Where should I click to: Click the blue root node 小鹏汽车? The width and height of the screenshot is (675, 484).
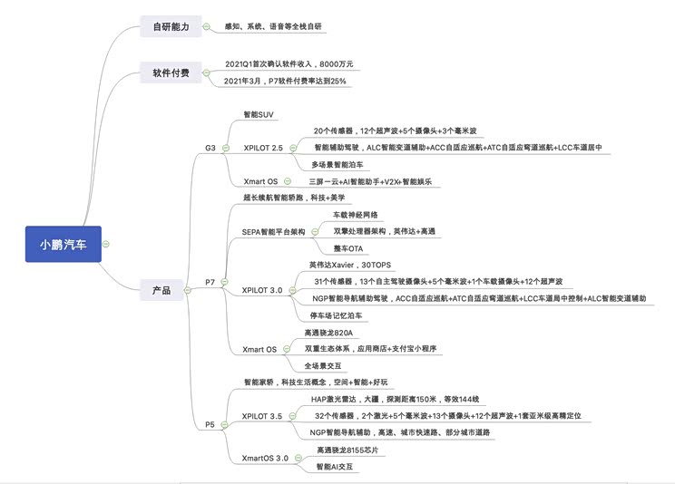click(63, 244)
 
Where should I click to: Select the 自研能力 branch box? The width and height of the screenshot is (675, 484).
click(170, 27)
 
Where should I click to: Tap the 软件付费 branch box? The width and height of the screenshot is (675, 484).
click(170, 73)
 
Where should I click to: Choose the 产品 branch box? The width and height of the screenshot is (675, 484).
click(161, 291)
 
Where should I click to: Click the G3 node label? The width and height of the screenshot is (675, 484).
click(210, 147)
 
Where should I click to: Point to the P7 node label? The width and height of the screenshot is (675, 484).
click(210, 282)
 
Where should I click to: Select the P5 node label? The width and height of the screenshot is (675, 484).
click(210, 424)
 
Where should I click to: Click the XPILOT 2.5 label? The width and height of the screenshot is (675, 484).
click(263, 147)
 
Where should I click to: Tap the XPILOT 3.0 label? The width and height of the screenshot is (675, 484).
click(262, 290)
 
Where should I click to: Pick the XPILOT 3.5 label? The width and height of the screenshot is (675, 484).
click(262, 416)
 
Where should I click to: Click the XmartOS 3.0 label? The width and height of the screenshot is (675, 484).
click(266, 459)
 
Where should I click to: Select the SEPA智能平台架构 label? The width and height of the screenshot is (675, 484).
click(273, 232)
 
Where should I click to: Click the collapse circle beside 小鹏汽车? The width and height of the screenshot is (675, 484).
click(106, 244)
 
